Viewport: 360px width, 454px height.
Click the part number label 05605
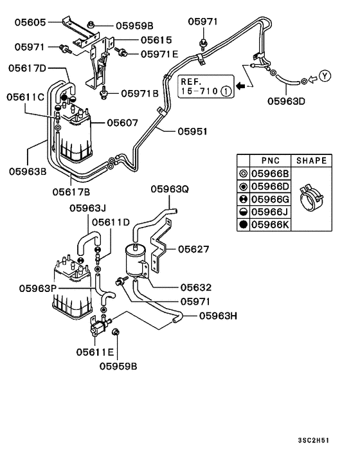[30, 23]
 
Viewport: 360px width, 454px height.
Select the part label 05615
[157, 39]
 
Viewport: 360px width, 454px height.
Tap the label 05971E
[159, 54]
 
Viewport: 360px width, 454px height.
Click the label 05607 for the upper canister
[123, 122]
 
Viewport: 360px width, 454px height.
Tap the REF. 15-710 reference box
[205, 87]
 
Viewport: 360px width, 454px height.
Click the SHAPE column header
[311, 161]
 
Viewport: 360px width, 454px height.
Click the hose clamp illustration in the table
[311, 195]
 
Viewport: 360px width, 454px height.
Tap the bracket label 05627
[194, 249]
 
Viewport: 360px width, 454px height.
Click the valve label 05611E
[94, 352]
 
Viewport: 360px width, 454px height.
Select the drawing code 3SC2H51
[332, 440]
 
